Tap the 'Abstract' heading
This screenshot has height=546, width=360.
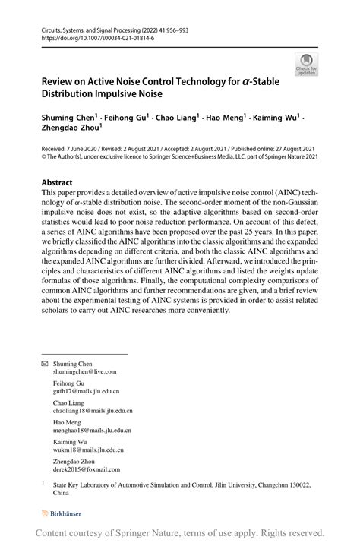click(57, 183)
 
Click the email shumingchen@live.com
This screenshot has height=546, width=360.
click(84, 372)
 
